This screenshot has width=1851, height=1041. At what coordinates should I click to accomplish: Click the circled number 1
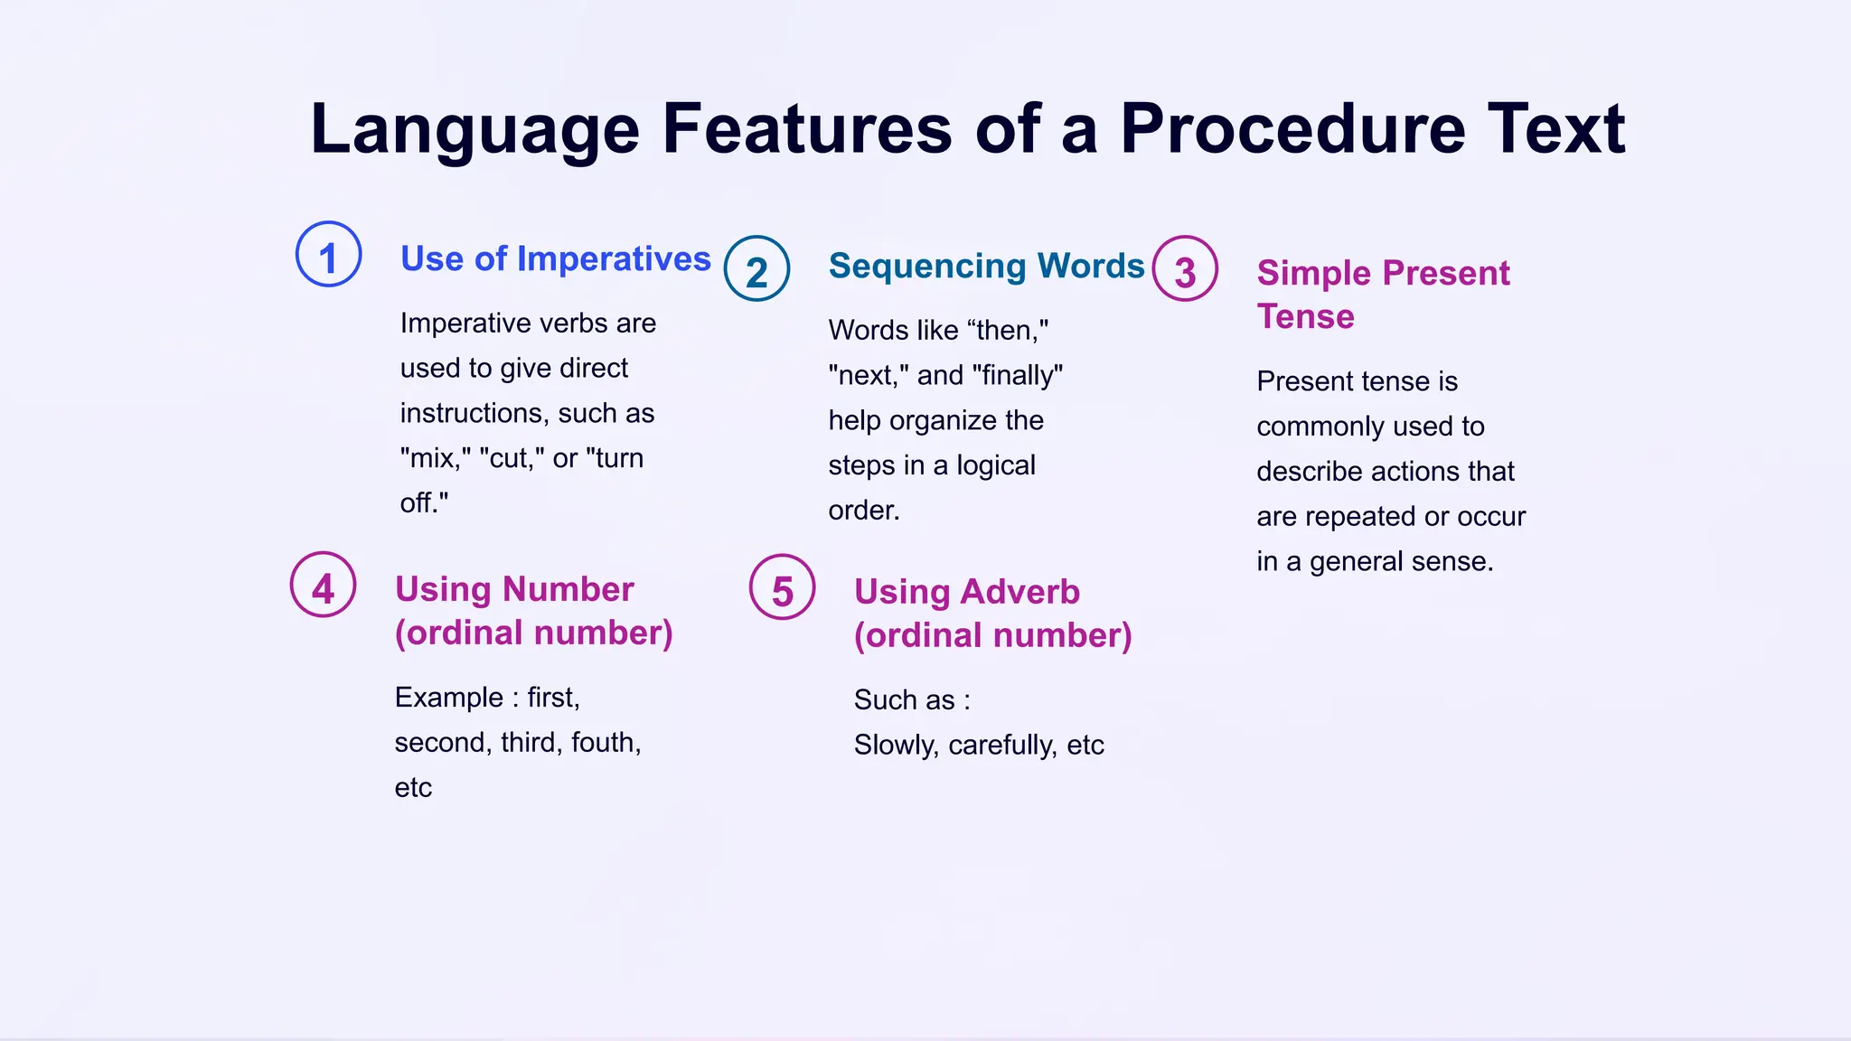pos(329,255)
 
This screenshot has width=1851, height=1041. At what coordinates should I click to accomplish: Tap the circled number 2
pos(757,269)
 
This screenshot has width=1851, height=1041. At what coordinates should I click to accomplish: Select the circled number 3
pos(1185,269)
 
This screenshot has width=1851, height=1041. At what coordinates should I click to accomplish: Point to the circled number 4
pos(323,586)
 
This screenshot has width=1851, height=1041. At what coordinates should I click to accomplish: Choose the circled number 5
pos(783,587)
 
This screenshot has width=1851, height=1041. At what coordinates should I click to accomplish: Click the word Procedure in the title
pos(1292,129)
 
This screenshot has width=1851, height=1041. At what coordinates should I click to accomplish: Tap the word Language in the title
pos(474,129)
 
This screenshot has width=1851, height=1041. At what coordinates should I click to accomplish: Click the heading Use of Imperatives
pos(555,259)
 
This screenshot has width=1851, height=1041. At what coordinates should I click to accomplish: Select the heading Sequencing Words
pos(986,266)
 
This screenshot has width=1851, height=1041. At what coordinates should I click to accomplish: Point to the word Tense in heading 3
pos(1305,317)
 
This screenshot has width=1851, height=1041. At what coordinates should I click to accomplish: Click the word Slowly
pos(896,746)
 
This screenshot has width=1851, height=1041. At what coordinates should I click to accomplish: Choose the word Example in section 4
pos(448,698)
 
